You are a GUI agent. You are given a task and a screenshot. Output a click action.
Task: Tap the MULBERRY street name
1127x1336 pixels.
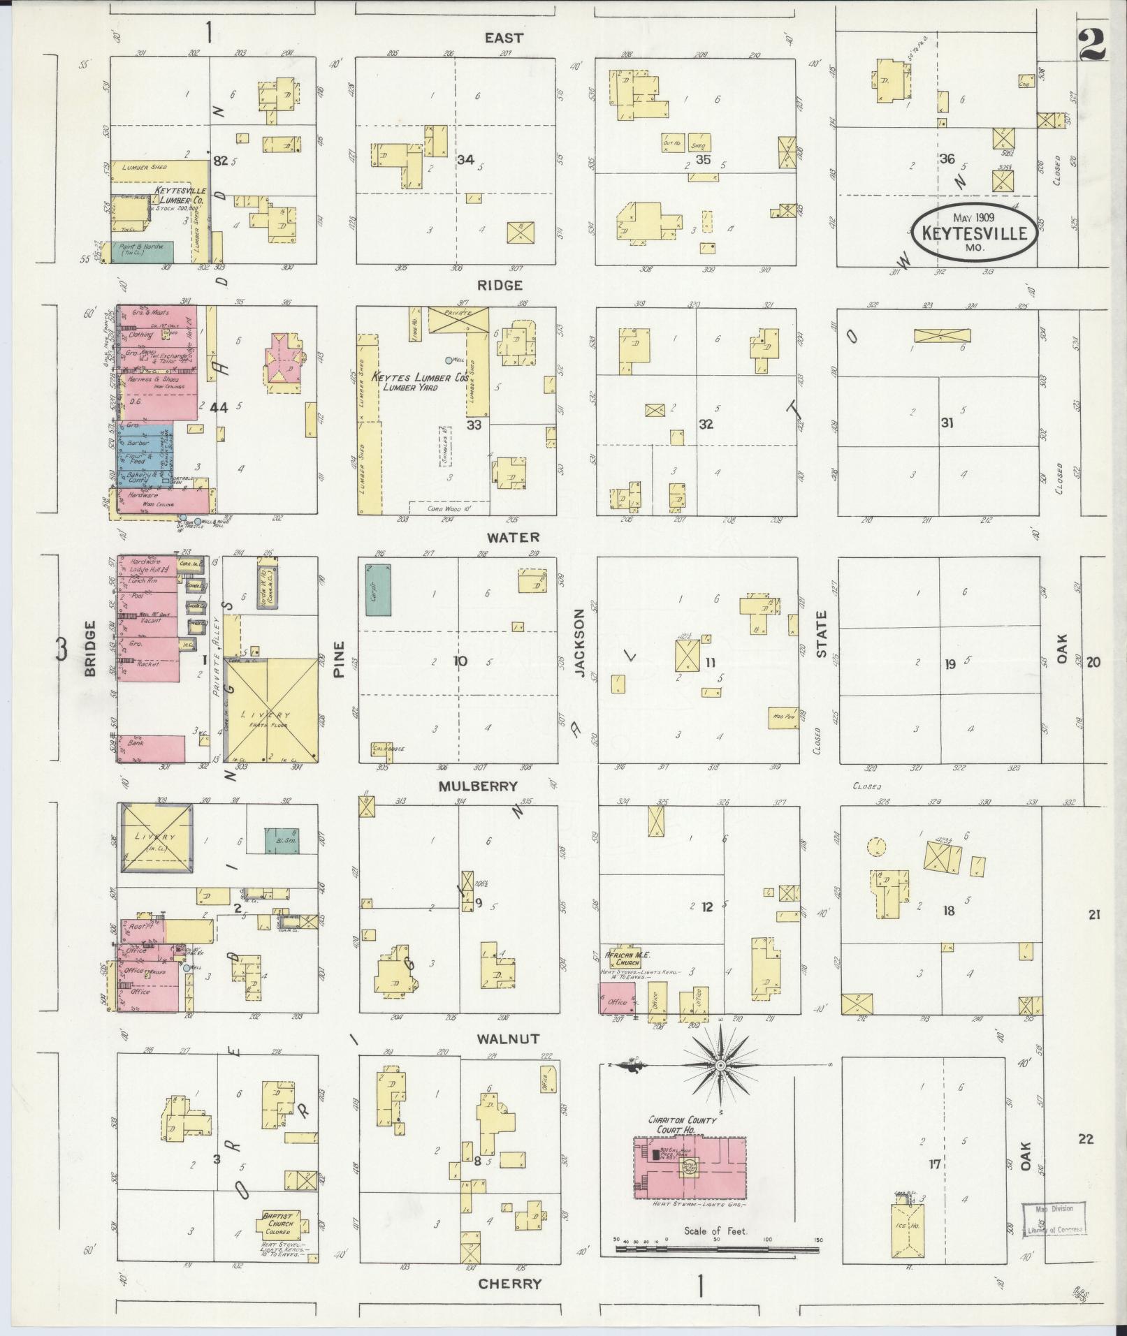point(478,786)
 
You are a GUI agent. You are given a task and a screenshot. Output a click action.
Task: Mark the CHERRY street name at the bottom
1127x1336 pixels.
point(509,1284)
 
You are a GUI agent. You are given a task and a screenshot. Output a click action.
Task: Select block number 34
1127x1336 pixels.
point(465,160)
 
